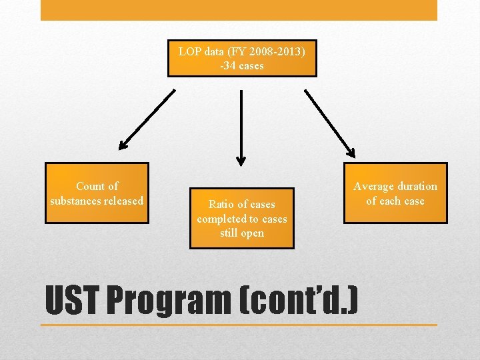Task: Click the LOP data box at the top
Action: click(241, 58)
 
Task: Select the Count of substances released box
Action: click(97, 193)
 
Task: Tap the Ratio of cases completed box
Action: click(241, 219)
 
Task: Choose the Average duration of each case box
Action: click(395, 193)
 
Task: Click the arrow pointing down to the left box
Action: click(147, 120)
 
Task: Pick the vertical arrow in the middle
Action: click(241, 127)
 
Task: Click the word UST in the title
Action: click(71, 301)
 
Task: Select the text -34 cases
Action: click(241, 65)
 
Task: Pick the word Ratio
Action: click(223, 205)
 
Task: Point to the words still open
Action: click(242, 233)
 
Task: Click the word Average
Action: click(375, 187)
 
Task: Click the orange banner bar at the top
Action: click(239, 10)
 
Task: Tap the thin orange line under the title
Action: click(239, 325)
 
